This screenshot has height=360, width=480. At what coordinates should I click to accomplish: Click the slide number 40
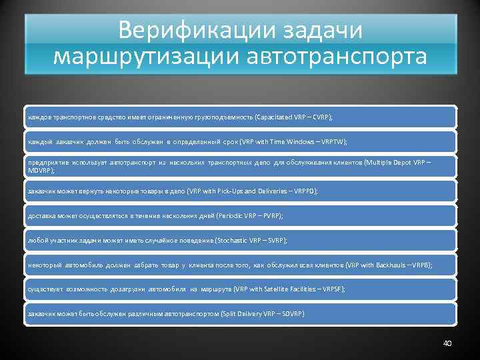click(447, 343)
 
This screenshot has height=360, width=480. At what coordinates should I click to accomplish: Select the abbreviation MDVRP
click(39, 171)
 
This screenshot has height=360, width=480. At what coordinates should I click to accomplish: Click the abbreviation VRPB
click(417, 265)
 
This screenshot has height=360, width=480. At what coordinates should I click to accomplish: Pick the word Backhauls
click(382, 265)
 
